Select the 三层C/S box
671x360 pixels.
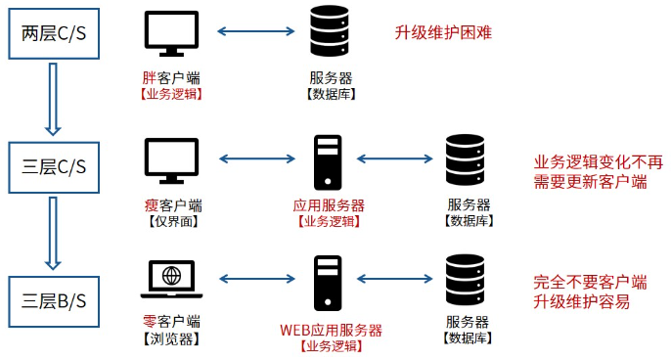(x=55, y=167)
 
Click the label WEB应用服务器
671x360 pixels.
(x=331, y=330)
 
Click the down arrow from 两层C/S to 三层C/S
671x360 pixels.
(x=55, y=101)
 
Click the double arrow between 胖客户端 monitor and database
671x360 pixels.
(x=250, y=32)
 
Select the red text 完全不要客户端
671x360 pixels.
(x=590, y=282)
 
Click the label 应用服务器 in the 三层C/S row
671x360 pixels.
(x=329, y=205)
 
